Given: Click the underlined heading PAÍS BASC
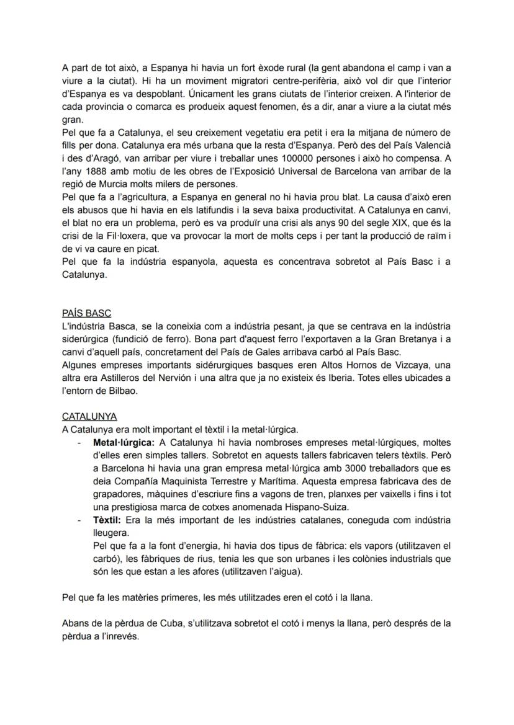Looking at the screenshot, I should click(x=86, y=314).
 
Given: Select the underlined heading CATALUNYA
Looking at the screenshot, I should click(x=89, y=417).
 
